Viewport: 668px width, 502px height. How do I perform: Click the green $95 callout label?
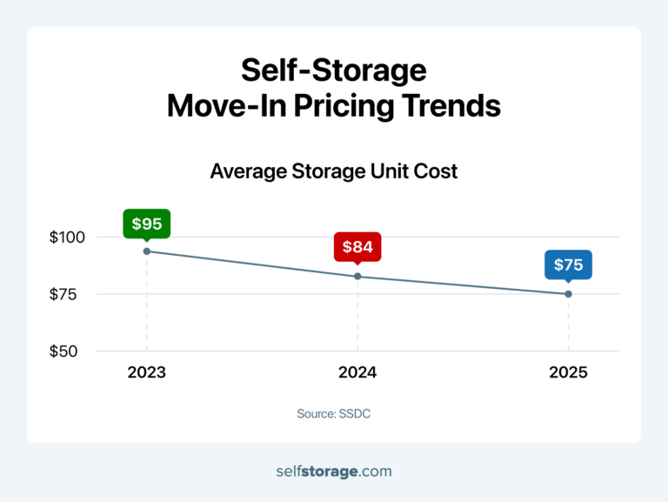[x=146, y=224]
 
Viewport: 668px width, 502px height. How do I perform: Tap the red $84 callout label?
[x=357, y=247]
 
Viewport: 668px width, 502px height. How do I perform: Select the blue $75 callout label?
[x=568, y=264]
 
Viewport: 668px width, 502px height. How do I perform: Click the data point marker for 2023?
[x=146, y=251]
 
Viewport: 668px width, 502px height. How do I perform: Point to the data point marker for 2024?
[x=357, y=277]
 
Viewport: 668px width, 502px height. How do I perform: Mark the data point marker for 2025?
[x=568, y=294]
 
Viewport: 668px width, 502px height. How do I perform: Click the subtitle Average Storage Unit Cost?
[x=333, y=171]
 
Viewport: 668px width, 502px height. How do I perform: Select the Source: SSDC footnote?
[x=333, y=413]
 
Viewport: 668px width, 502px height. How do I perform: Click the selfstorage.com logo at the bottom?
[x=333, y=472]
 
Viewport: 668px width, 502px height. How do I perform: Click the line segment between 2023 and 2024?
[x=252, y=264]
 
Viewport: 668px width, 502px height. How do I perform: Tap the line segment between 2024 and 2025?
[x=463, y=285]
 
